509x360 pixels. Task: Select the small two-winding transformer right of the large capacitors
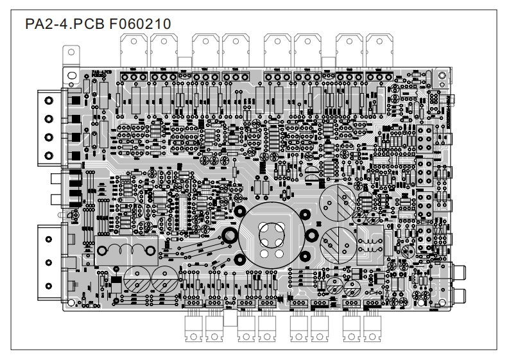(x=371, y=242)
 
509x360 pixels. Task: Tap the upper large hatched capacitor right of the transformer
(x=336, y=201)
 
